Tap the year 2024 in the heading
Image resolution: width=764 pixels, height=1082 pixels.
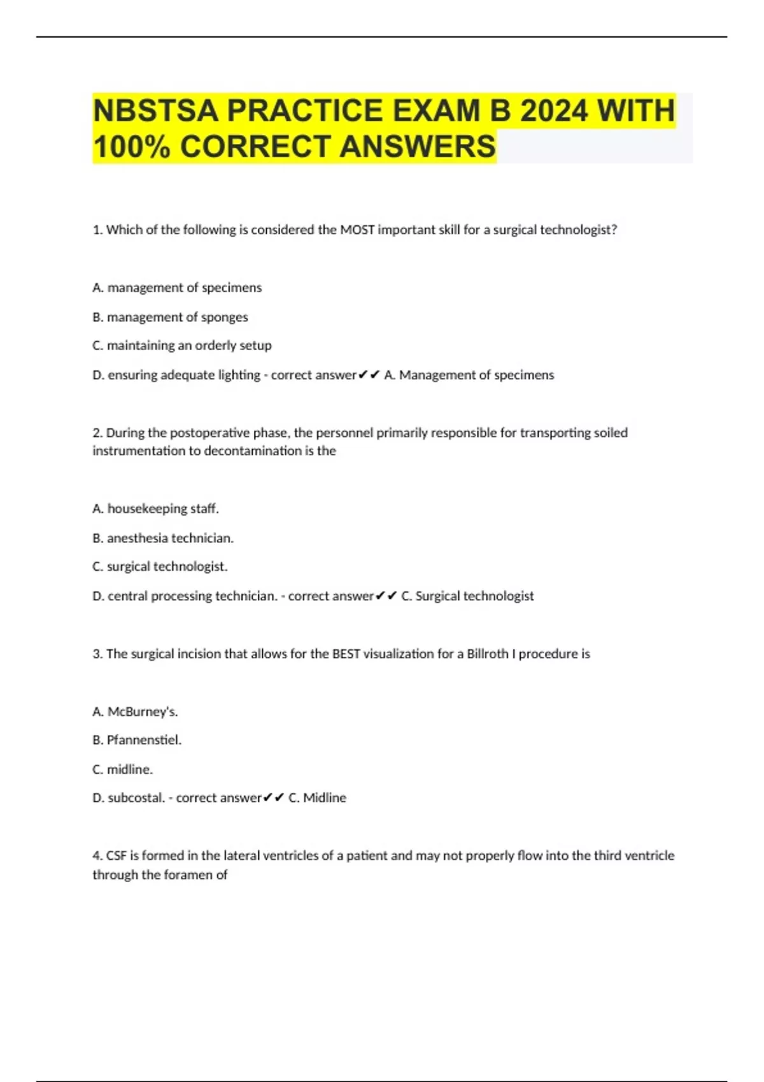pyautogui.click(x=553, y=111)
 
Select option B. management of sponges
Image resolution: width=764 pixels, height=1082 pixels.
pyautogui.click(x=170, y=317)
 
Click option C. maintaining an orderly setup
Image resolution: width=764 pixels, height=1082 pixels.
pyautogui.click(x=182, y=346)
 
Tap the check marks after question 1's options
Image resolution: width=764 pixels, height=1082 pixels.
pyautogui.click(x=369, y=375)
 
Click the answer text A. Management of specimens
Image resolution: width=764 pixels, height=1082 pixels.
pyautogui.click(x=469, y=375)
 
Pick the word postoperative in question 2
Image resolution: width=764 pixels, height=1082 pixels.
pyautogui.click(x=192, y=433)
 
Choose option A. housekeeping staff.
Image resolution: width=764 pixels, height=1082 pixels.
pyautogui.click(x=155, y=509)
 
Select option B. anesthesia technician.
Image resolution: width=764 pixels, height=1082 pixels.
pyautogui.click(x=163, y=538)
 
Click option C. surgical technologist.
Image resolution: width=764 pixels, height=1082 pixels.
pyautogui.click(x=160, y=566)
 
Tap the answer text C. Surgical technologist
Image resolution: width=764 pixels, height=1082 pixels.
pyautogui.click(x=467, y=596)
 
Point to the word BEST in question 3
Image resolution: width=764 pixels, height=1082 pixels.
pyautogui.click(x=346, y=654)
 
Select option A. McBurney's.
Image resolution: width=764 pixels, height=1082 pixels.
pyautogui.click(x=135, y=712)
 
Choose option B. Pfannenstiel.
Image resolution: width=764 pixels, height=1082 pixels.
pyautogui.click(x=137, y=740)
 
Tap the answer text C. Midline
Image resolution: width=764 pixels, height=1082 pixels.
pyautogui.click(x=317, y=797)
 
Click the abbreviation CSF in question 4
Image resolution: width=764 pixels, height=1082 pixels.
pyautogui.click(x=116, y=855)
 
